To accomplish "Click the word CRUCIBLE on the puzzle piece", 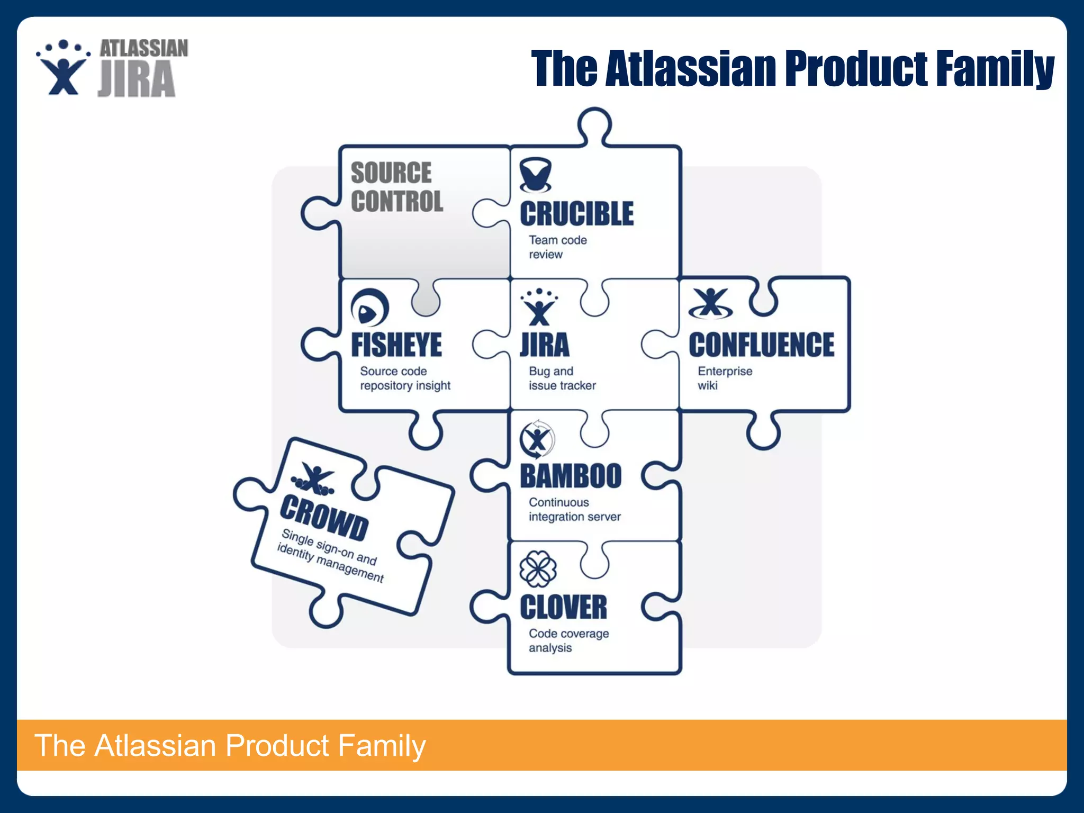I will point(576,214).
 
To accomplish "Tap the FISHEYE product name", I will point(396,345).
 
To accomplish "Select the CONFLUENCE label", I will point(761,345).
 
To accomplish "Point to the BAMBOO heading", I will point(571,476).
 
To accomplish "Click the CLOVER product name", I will point(563,607).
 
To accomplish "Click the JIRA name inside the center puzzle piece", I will point(545,345).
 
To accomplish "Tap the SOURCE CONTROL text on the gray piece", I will point(396,187).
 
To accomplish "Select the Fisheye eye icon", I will point(369,308).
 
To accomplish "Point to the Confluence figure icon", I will point(710,304).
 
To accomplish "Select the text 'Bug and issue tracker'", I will point(562,378).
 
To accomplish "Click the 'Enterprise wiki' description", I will point(724,378).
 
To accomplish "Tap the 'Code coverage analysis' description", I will point(568,640).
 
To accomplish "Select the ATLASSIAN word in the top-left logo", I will point(143,49).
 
